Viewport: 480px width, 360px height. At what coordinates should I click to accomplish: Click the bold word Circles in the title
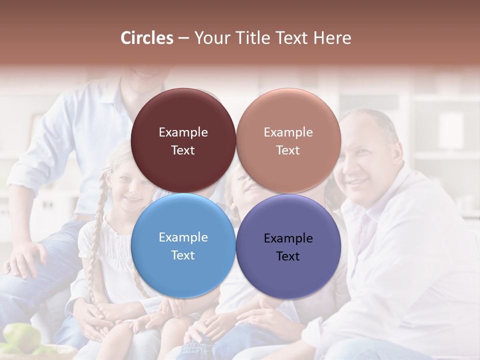[146, 38]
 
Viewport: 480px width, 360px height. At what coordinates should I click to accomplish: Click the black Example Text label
[288, 247]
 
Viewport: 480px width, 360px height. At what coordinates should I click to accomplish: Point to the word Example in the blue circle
[183, 237]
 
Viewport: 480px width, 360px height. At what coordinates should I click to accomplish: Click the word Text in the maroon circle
[183, 150]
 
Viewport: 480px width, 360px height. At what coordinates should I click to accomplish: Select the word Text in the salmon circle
[288, 150]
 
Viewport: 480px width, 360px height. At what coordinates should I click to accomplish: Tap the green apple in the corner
[20, 337]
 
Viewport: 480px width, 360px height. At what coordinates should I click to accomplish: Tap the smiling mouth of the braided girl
[131, 198]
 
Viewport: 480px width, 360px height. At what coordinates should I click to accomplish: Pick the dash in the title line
[183, 38]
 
